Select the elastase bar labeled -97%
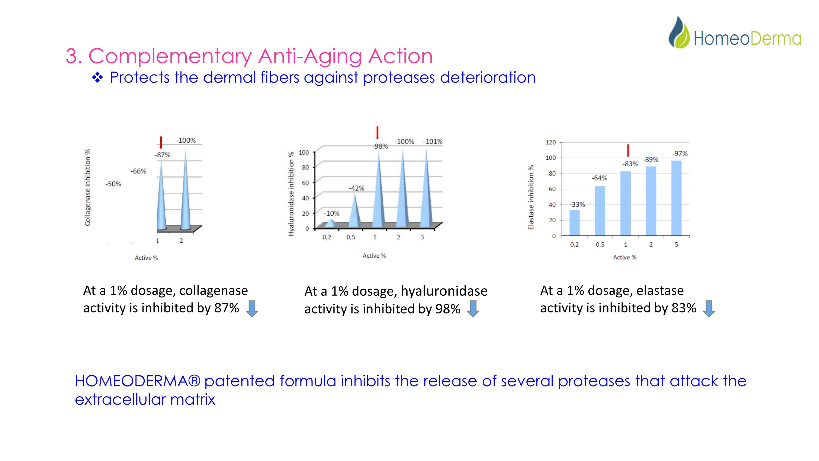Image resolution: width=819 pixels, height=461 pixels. tap(676, 198)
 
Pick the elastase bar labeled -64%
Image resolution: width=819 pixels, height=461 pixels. tap(600, 211)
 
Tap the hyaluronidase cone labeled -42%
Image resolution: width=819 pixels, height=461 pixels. tap(355, 211)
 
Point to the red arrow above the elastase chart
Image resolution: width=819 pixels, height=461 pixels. tap(628, 150)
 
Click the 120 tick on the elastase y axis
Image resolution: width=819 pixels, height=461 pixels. tap(551, 142)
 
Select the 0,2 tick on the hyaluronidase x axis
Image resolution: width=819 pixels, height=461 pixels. tap(327, 237)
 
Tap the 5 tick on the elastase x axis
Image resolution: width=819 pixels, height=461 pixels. tap(676, 244)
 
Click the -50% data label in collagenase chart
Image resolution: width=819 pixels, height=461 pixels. tap(113, 184)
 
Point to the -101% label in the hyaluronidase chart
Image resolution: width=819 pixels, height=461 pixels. tap(433, 142)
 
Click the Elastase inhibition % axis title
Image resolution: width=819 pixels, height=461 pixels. tap(531, 197)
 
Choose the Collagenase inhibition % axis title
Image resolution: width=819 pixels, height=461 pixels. tap(87, 187)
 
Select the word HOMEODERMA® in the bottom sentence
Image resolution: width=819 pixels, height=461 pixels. tap(138, 381)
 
